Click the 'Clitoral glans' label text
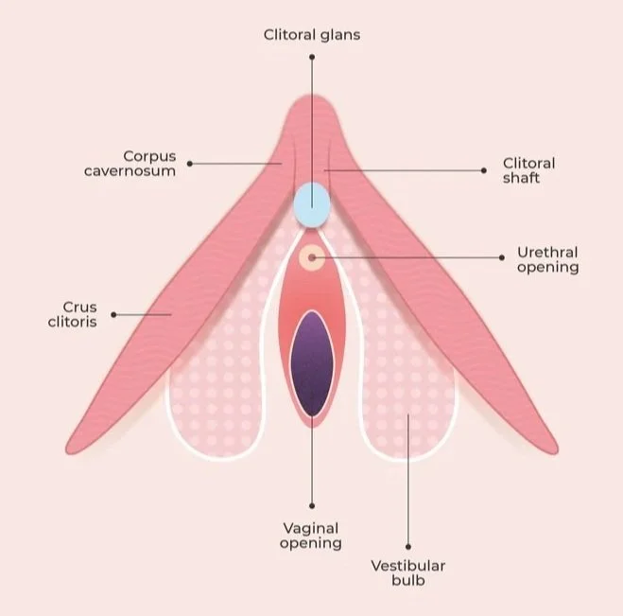pyautogui.click(x=311, y=35)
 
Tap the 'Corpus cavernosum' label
pyautogui.click(x=148, y=163)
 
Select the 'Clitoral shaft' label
pyautogui.click(x=528, y=170)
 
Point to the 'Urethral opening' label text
pyautogui.click(x=547, y=259)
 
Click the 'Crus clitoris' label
pyautogui.click(x=80, y=313)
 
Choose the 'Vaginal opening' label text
pyautogui.click(x=311, y=535)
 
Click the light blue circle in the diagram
pyautogui.click(x=311, y=203)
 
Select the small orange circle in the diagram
pyautogui.click(x=311, y=256)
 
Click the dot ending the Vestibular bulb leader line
pyautogui.click(x=407, y=546)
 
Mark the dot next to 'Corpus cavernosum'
pyautogui.click(x=190, y=163)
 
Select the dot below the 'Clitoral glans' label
pyautogui.click(x=311, y=57)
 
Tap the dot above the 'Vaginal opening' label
pyautogui.click(x=311, y=506)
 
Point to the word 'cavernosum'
pyautogui.click(x=148, y=171)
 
